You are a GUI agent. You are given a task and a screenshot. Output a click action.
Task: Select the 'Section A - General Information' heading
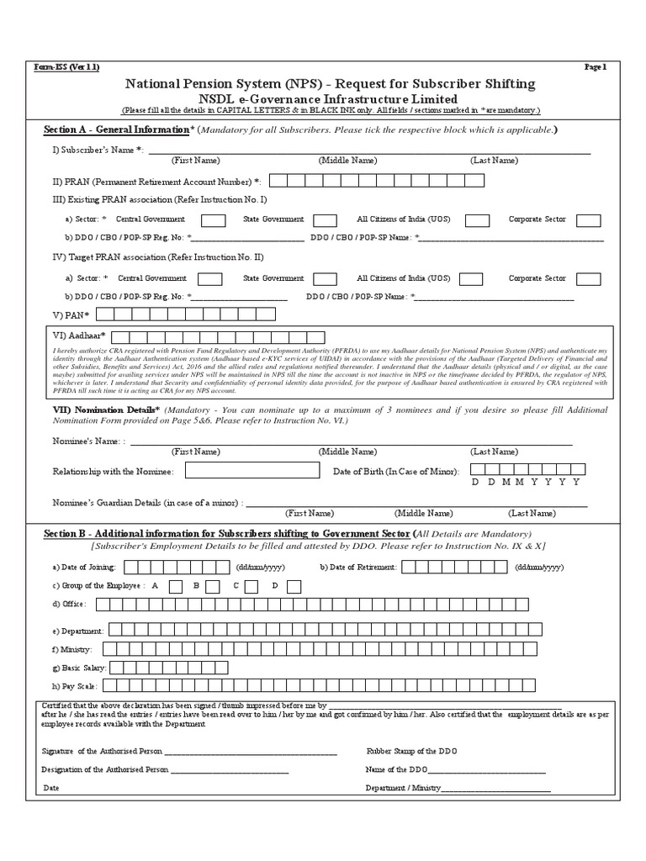tap(117, 130)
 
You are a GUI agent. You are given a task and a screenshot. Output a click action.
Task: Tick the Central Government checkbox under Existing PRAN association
tap(213, 220)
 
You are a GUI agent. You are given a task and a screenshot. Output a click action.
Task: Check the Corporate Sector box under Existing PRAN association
tap(588, 220)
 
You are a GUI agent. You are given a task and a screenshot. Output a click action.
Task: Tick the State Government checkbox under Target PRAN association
tap(325, 279)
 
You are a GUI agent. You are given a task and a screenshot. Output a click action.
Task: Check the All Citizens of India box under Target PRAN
tap(471, 279)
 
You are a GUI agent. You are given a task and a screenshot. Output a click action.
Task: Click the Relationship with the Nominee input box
tap(252, 471)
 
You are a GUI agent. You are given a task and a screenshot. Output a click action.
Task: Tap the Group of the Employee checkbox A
tap(176, 586)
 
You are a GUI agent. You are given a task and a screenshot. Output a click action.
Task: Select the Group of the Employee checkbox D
tap(294, 586)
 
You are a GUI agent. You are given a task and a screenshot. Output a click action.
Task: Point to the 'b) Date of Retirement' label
tap(357, 568)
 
